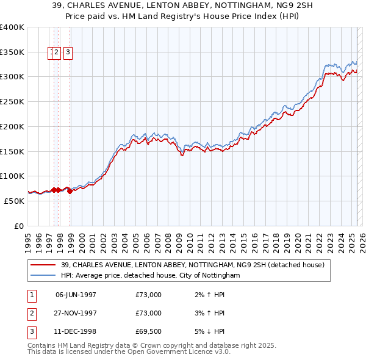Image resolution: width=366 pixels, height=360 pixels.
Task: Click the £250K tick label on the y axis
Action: pyautogui.click(x=12, y=101)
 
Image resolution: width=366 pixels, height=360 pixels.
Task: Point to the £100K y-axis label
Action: pyautogui.click(x=12, y=176)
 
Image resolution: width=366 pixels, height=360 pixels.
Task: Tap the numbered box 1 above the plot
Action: pyautogui.click(x=50, y=52)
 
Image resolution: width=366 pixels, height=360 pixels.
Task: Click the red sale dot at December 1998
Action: pyautogui.click(x=70, y=191)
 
